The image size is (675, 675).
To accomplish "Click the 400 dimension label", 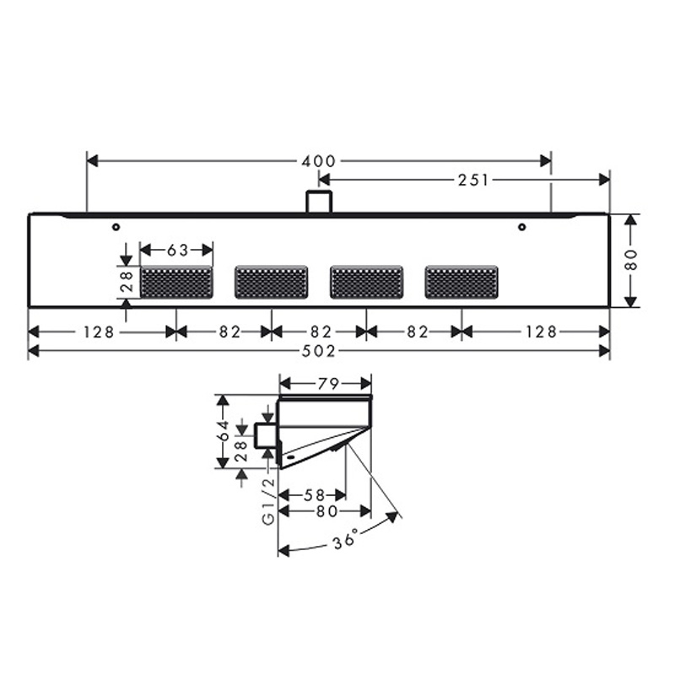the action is (x=318, y=161).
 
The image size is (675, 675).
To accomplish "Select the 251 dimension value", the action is (x=473, y=181).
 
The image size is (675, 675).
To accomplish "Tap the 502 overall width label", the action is (x=319, y=352).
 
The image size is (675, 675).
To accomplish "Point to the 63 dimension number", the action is (x=177, y=250).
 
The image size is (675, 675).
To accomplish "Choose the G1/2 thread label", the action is (x=268, y=500).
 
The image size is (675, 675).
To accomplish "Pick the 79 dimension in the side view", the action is (x=328, y=384).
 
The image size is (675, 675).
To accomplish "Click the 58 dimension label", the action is (x=314, y=495).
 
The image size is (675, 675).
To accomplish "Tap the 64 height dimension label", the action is (x=223, y=431).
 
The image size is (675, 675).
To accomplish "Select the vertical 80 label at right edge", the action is (x=630, y=260).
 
